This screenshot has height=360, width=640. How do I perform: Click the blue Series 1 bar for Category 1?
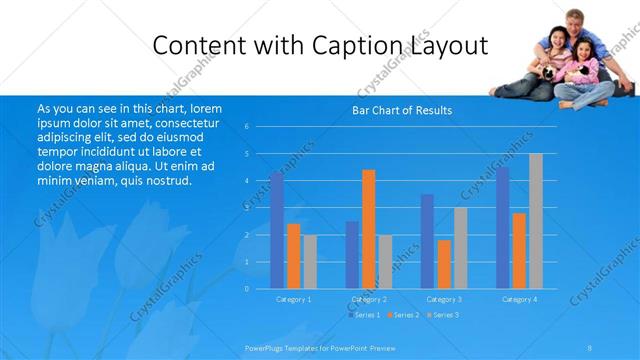point(276,230)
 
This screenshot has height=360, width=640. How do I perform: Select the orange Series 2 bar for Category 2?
point(368,229)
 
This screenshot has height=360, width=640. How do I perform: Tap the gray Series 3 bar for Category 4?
point(535,221)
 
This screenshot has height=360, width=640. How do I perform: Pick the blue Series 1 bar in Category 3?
point(427,241)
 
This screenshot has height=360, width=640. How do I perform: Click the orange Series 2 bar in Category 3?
point(444,264)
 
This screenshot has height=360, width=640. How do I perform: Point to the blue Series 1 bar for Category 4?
point(502,227)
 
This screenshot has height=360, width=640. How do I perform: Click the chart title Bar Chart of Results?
point(403,110)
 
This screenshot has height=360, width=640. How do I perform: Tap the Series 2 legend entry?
point(403,315)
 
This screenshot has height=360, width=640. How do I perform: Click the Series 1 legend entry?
point(364,315)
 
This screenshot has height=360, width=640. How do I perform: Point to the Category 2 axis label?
point(369,299)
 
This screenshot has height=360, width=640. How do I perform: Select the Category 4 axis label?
point(519,299)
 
